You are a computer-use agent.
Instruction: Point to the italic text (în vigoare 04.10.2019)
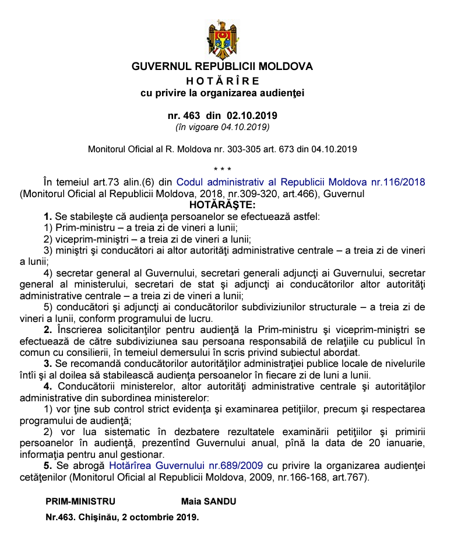tap(222, 126)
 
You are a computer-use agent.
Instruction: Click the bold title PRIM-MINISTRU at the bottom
tap(80, 502)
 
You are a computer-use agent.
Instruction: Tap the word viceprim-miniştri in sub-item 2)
tap(85, 239)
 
